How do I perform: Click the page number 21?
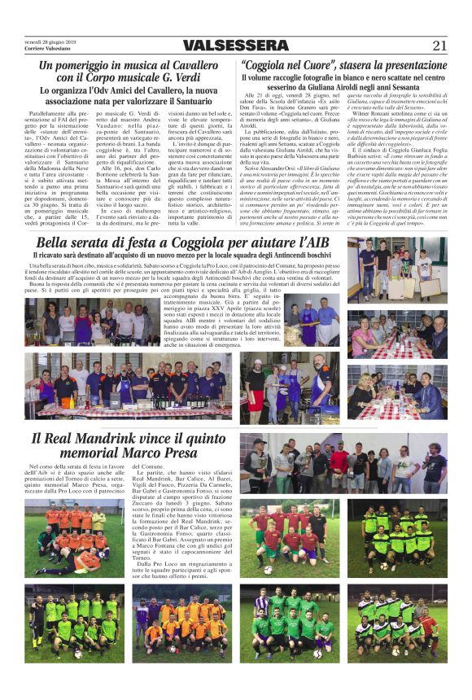(440, 45)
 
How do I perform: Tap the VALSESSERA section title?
(235, 46)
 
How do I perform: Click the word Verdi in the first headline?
(194, 77)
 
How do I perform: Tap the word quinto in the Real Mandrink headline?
(199, 440)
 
